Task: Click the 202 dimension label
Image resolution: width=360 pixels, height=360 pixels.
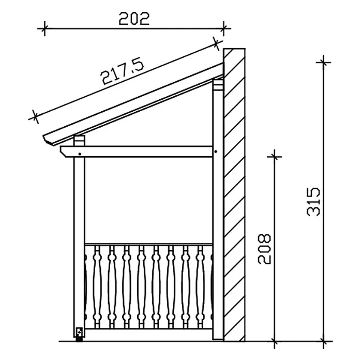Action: (x=134, y=19)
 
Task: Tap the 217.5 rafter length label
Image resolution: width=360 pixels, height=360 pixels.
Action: (x=123, y=71)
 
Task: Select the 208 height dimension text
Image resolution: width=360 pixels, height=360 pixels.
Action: (x=264, y=249)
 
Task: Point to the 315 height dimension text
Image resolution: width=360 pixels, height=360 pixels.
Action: (x=313, y=202)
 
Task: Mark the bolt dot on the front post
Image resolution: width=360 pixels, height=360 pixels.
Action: (x=80, y=154)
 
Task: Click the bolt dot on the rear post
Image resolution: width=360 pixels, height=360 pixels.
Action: (x=216, y=152)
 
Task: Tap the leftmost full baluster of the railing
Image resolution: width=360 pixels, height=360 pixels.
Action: (x=97, y=287)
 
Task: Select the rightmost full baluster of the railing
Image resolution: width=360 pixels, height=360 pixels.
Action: (x=200, y=287)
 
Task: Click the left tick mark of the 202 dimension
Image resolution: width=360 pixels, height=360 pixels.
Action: (x=44, y=28)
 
